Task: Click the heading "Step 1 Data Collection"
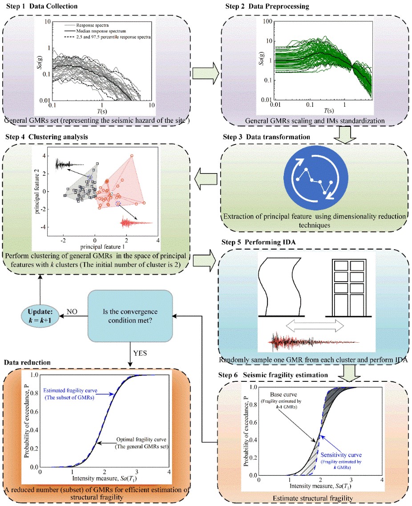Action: coord(40,6)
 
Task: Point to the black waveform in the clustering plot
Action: coord(69,165)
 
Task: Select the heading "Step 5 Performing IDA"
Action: coord(255,243)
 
